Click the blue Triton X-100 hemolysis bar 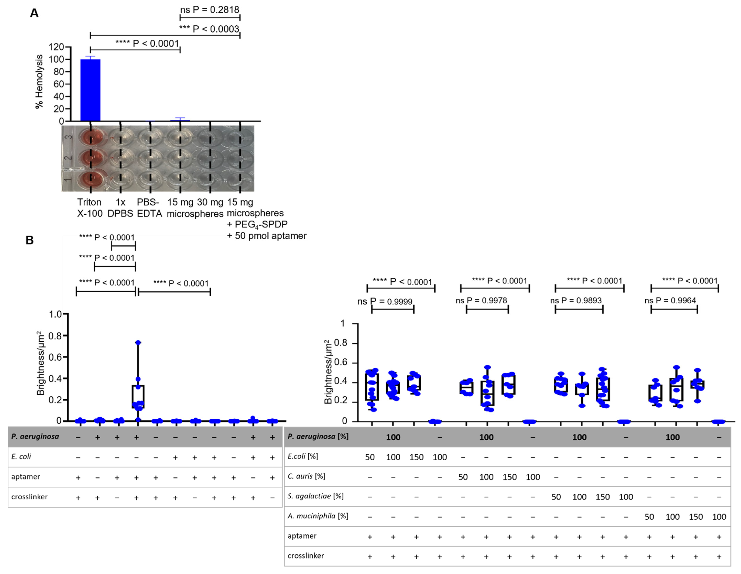90,90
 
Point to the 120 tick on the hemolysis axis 57,47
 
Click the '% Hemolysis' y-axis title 39,81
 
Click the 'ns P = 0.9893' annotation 576,300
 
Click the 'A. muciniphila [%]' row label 318,516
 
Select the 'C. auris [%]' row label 306,476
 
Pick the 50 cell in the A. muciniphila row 649,517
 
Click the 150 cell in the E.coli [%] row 416,457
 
